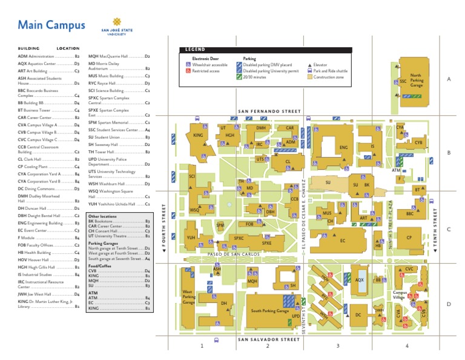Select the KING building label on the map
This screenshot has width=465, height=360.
click(x=198, y=135)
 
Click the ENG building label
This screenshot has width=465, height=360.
click(x=343, y=147)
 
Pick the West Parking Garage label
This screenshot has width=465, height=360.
click(x=189, y=297)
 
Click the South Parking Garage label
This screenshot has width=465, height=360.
click(x=270, y=310)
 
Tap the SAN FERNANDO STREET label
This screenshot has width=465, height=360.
click(x=269, y=112)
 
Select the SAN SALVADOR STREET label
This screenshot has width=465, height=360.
click(x=269, y=339)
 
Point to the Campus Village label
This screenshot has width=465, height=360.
click(x=399, y=295)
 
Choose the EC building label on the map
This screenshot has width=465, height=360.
click(x=343, y=241)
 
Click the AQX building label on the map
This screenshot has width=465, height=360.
click(x=359, y=280)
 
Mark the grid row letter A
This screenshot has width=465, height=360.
click(x=449, y=79)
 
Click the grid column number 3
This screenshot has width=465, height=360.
click(x=338, y=346)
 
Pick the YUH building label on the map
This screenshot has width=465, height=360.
click(x=191, y=238)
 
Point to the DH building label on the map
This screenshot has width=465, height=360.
click(x=223, y=303)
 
